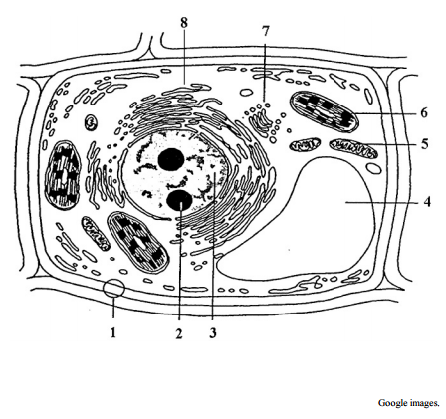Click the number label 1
[113, 332]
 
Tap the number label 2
[179, 333]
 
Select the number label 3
[213, 332]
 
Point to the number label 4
[427, 202]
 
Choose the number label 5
[425, 144]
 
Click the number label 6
[424, 113]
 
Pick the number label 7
[265, 31]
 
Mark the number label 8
[184, 23]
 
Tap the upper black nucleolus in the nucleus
[171, 160]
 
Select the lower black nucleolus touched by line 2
[179, 201]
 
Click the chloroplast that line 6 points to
[325, 110]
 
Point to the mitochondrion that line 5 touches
[353, 148]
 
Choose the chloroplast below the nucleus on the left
[138, 242]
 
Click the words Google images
[408, 403]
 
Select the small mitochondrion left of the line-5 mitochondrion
[305, 144]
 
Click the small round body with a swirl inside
[91, 123]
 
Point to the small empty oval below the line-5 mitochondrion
[374, 168]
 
